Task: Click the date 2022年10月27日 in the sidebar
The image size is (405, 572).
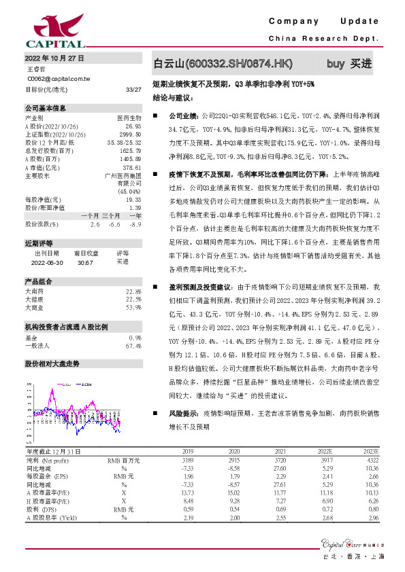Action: (54, 58)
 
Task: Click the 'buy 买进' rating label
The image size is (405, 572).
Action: (349, 64)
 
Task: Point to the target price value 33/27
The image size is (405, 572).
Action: (133, 89)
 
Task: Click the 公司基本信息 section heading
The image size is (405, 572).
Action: (46, 108)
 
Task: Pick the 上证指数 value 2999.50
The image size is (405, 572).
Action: (131, 135)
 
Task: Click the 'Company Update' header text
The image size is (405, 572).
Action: (327, 21)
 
